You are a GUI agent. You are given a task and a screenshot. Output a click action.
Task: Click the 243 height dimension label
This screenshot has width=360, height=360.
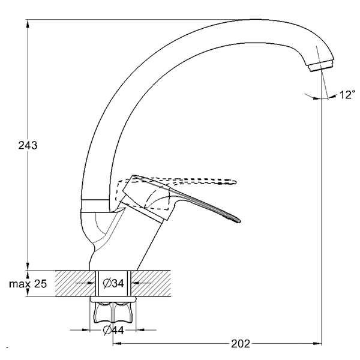tap(28, 145)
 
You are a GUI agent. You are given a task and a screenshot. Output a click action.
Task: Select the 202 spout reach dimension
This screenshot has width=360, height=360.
tap(241, 344)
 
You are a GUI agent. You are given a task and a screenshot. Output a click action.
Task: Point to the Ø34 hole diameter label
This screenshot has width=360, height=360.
tap(113, 283)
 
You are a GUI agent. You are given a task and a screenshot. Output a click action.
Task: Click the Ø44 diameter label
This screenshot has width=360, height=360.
tap(113, 331)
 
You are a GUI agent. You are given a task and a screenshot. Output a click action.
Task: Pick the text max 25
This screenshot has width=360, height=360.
tap(28, 284)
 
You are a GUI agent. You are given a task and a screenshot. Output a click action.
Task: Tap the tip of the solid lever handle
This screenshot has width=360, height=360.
tap(239, 221)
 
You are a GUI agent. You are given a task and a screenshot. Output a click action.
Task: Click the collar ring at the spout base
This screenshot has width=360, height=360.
tap(95, 204)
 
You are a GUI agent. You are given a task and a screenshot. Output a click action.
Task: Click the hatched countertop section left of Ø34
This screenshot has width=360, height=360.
tap(76, 283)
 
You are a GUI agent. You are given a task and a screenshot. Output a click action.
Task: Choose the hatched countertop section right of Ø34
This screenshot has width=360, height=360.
tap(151, 283)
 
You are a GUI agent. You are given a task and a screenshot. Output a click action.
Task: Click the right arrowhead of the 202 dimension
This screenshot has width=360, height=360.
tap(317, 343)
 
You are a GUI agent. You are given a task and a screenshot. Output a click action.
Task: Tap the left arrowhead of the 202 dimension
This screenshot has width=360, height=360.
tap(117, 343)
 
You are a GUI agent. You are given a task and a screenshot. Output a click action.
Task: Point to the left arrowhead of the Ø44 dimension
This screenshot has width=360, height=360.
tap(85, 330)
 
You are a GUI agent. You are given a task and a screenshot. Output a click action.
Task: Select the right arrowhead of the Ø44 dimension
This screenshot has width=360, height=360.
tap(140, 330)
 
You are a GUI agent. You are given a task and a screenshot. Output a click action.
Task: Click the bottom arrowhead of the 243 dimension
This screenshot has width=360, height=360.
tap(28, 266)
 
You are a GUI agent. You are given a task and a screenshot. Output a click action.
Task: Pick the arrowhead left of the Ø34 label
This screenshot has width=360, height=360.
tap(92, 283)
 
